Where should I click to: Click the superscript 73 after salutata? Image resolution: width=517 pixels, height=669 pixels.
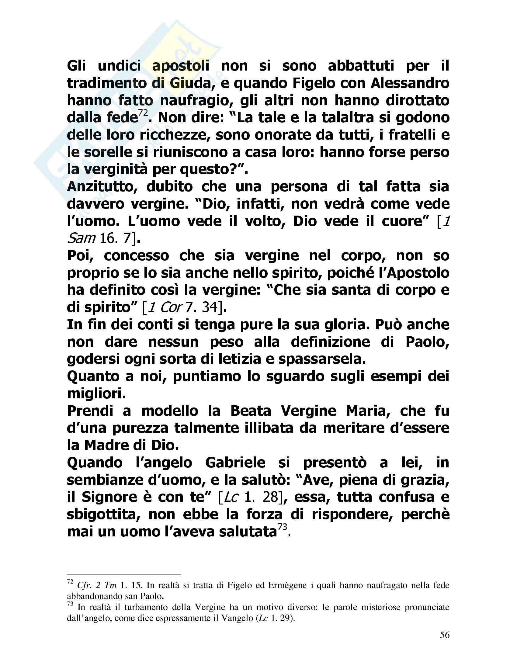282,527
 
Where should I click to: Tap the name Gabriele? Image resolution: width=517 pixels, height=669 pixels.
235,463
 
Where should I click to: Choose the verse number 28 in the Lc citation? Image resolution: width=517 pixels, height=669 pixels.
270,497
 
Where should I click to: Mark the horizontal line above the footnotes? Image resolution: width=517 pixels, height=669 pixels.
124,575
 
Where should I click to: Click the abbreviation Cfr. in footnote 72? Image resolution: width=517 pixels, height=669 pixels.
84,585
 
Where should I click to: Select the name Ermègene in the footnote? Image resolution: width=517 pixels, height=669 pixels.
287,585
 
